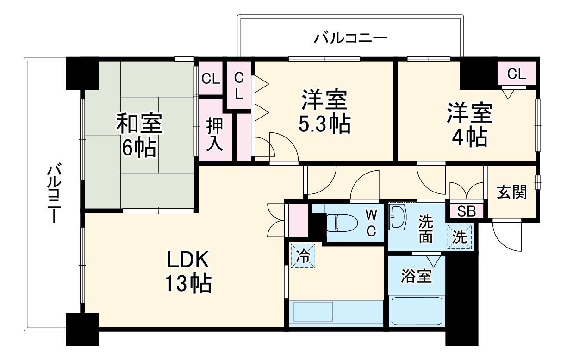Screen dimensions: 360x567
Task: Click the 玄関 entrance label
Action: coord(512,192)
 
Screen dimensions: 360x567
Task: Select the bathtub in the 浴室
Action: coord(417,311)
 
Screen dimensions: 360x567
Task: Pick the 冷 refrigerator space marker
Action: coord(303,255)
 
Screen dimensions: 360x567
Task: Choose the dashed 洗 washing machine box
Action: coord(460,237)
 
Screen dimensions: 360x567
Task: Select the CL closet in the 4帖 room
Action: coord(516,74)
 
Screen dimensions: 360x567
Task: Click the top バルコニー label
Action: coord(350,37)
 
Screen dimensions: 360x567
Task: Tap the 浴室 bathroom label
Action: coord(416,276)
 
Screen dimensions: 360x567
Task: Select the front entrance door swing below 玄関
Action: coord(507,234)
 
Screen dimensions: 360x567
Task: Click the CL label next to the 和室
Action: coord(211,79)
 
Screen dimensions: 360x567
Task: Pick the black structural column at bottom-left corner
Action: coord(82,328)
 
